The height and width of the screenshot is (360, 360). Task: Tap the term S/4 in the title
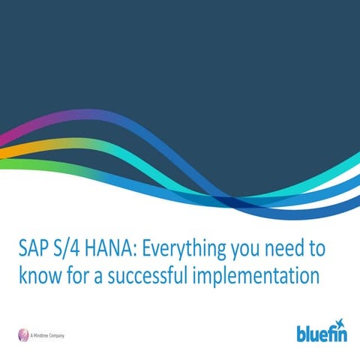(x=78, y=247)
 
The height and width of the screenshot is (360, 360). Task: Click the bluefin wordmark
(x=322, y=332)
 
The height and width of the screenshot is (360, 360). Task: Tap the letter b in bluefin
(x=301, y=331)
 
